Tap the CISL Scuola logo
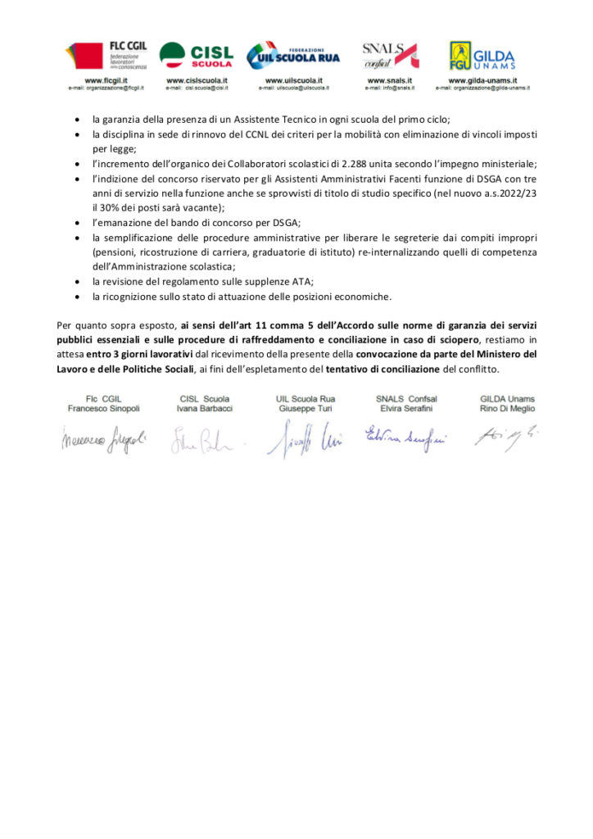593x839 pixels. pyautogui.click(x=197, y=56)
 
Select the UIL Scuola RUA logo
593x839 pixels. pyautogui.click(x=293, y=56)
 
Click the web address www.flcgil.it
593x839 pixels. pyautogui.click(x=104, y=80)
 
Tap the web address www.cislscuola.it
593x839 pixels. pyautogui.click(x=197, y=80)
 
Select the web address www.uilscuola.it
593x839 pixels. pyautogui.click(x=292, y=80)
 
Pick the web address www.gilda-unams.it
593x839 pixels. pyautogui.click(x=482, y=80)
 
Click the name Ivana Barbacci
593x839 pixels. pyautogui.click(x=201, y=408)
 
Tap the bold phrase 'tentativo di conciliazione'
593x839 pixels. pyautogui.click(x=389, y=370)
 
